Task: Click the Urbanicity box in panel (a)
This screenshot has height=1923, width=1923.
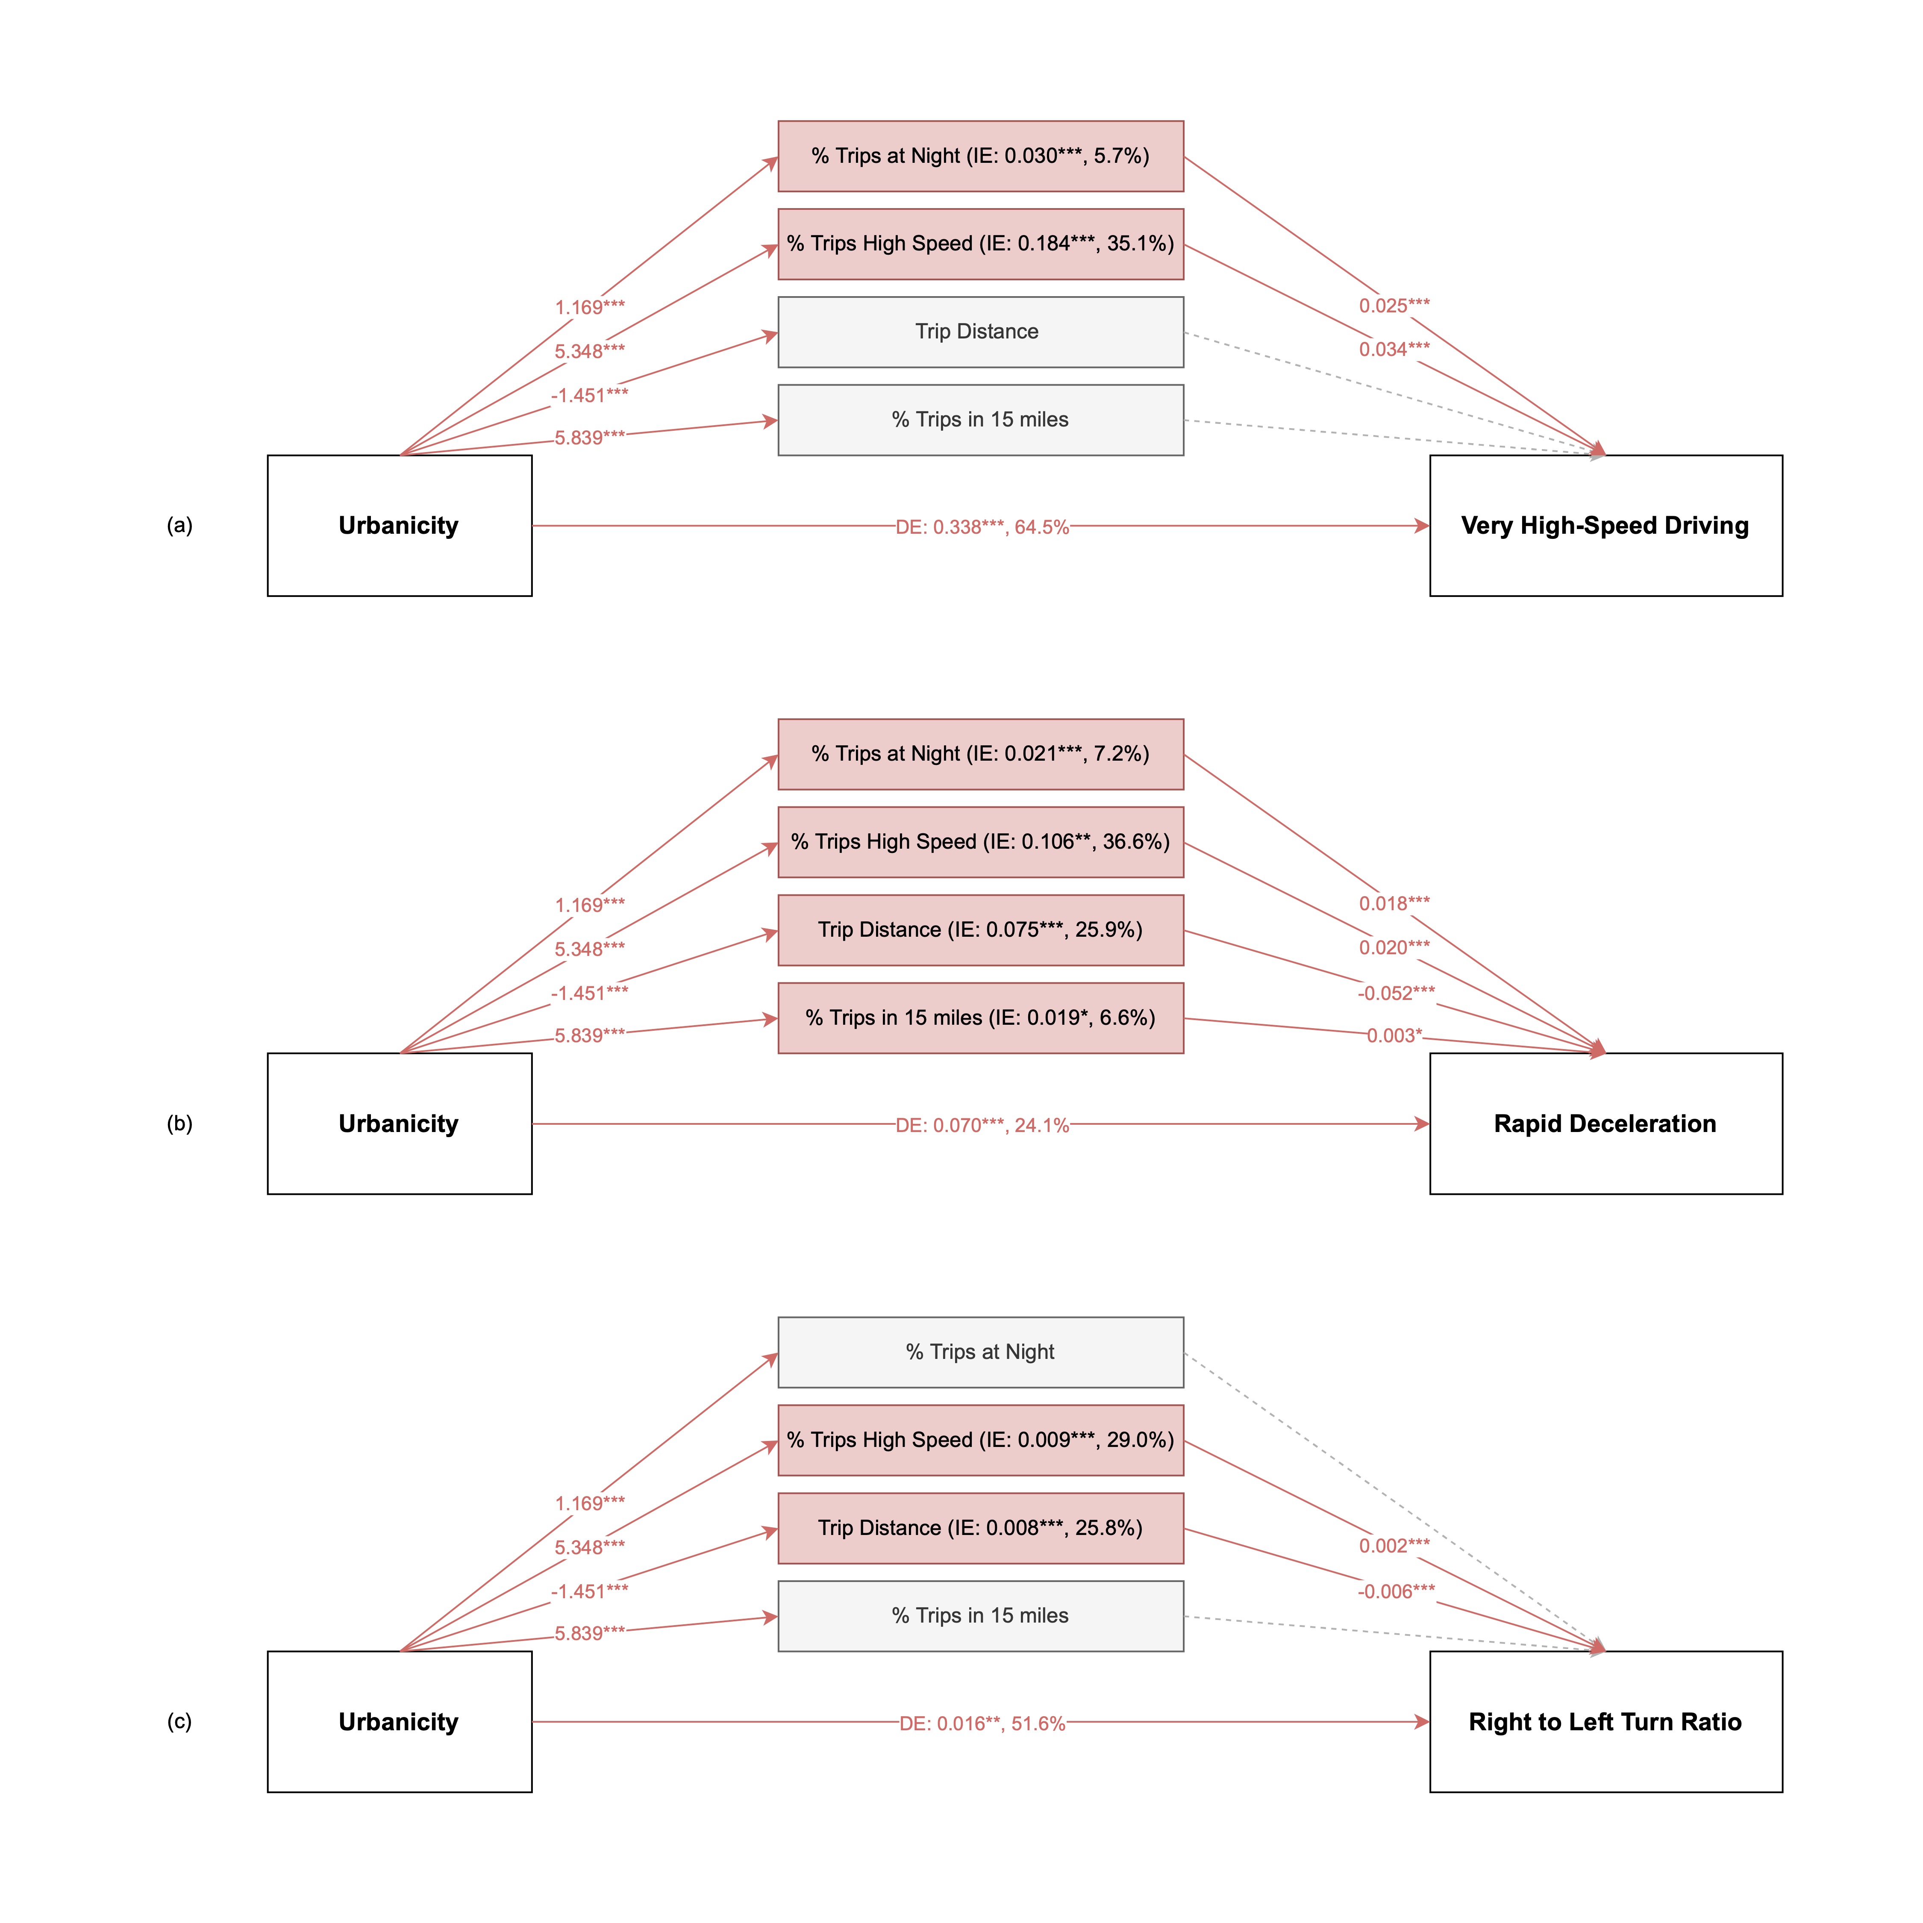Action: coord(399,526)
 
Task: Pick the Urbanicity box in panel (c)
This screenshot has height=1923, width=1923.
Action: coord(399,1722)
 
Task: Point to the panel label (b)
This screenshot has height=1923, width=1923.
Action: coord(179,1124)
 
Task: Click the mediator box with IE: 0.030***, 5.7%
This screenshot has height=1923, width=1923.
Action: coord(980,156)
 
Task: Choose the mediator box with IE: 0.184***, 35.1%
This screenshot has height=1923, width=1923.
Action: coord(980,244)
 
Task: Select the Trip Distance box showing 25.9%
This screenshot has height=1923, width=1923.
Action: coord(980,929)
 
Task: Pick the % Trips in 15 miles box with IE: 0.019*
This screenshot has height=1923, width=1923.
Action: coord(980,1017)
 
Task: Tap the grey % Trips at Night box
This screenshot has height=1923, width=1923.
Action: coord(980,1352)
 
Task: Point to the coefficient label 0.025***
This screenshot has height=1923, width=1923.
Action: coord(1394,306)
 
